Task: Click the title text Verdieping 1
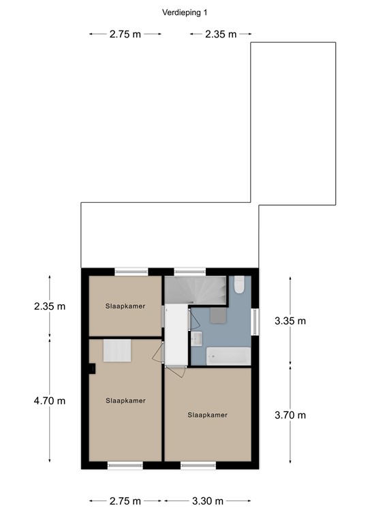coord(185,12)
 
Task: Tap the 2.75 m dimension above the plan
coord(125,34)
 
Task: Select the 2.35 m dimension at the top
coord(220,34)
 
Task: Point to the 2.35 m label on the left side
coord(49,306)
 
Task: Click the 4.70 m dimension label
coord(49,400)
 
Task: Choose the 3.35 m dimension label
coord(290,320)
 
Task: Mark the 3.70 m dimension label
coord(290,415)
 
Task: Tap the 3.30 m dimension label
coord(207,501)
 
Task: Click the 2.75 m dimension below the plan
coord(125,501)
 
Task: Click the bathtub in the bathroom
coord(228,355)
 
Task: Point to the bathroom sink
coord(196,338)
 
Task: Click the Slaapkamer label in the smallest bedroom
coord(125,306)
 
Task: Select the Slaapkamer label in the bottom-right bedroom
coord(207,414)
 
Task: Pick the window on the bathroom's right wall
coord(256,321)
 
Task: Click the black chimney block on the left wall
coord(91,368)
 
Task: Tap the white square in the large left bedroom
coord(117,351)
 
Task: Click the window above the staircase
coord(189,272)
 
